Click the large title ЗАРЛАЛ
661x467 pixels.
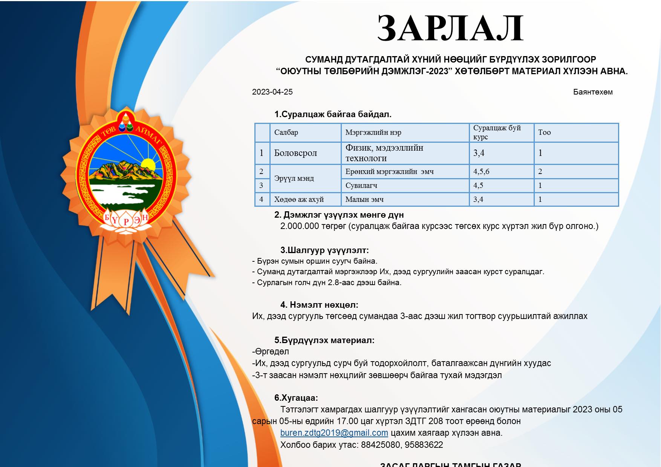tap(450, 29)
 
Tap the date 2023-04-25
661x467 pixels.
tap(272, 92)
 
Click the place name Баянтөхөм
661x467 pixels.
tap(592, 92)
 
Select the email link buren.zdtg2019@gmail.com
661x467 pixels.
tap(334, 433)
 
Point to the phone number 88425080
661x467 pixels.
tap(380, 445)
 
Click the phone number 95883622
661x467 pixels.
tap(424, 445)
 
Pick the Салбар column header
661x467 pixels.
tap(286, 133)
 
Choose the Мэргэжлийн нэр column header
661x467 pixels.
tap(373, 133)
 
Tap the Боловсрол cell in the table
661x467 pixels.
tap(295, 153)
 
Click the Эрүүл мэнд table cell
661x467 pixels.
tap(294, 178)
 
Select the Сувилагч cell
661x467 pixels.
tap(361, 185)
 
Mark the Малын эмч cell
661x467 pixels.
tap(364, 200)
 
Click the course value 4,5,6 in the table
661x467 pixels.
tap(481, 172)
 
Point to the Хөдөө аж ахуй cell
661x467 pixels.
tap(299, 200)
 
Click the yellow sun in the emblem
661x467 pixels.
tap(148, 165)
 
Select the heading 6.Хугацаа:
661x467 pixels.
tap(296, 398)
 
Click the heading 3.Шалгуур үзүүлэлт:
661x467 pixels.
tap(324, 250)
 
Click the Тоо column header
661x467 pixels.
tap(544, 133)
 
